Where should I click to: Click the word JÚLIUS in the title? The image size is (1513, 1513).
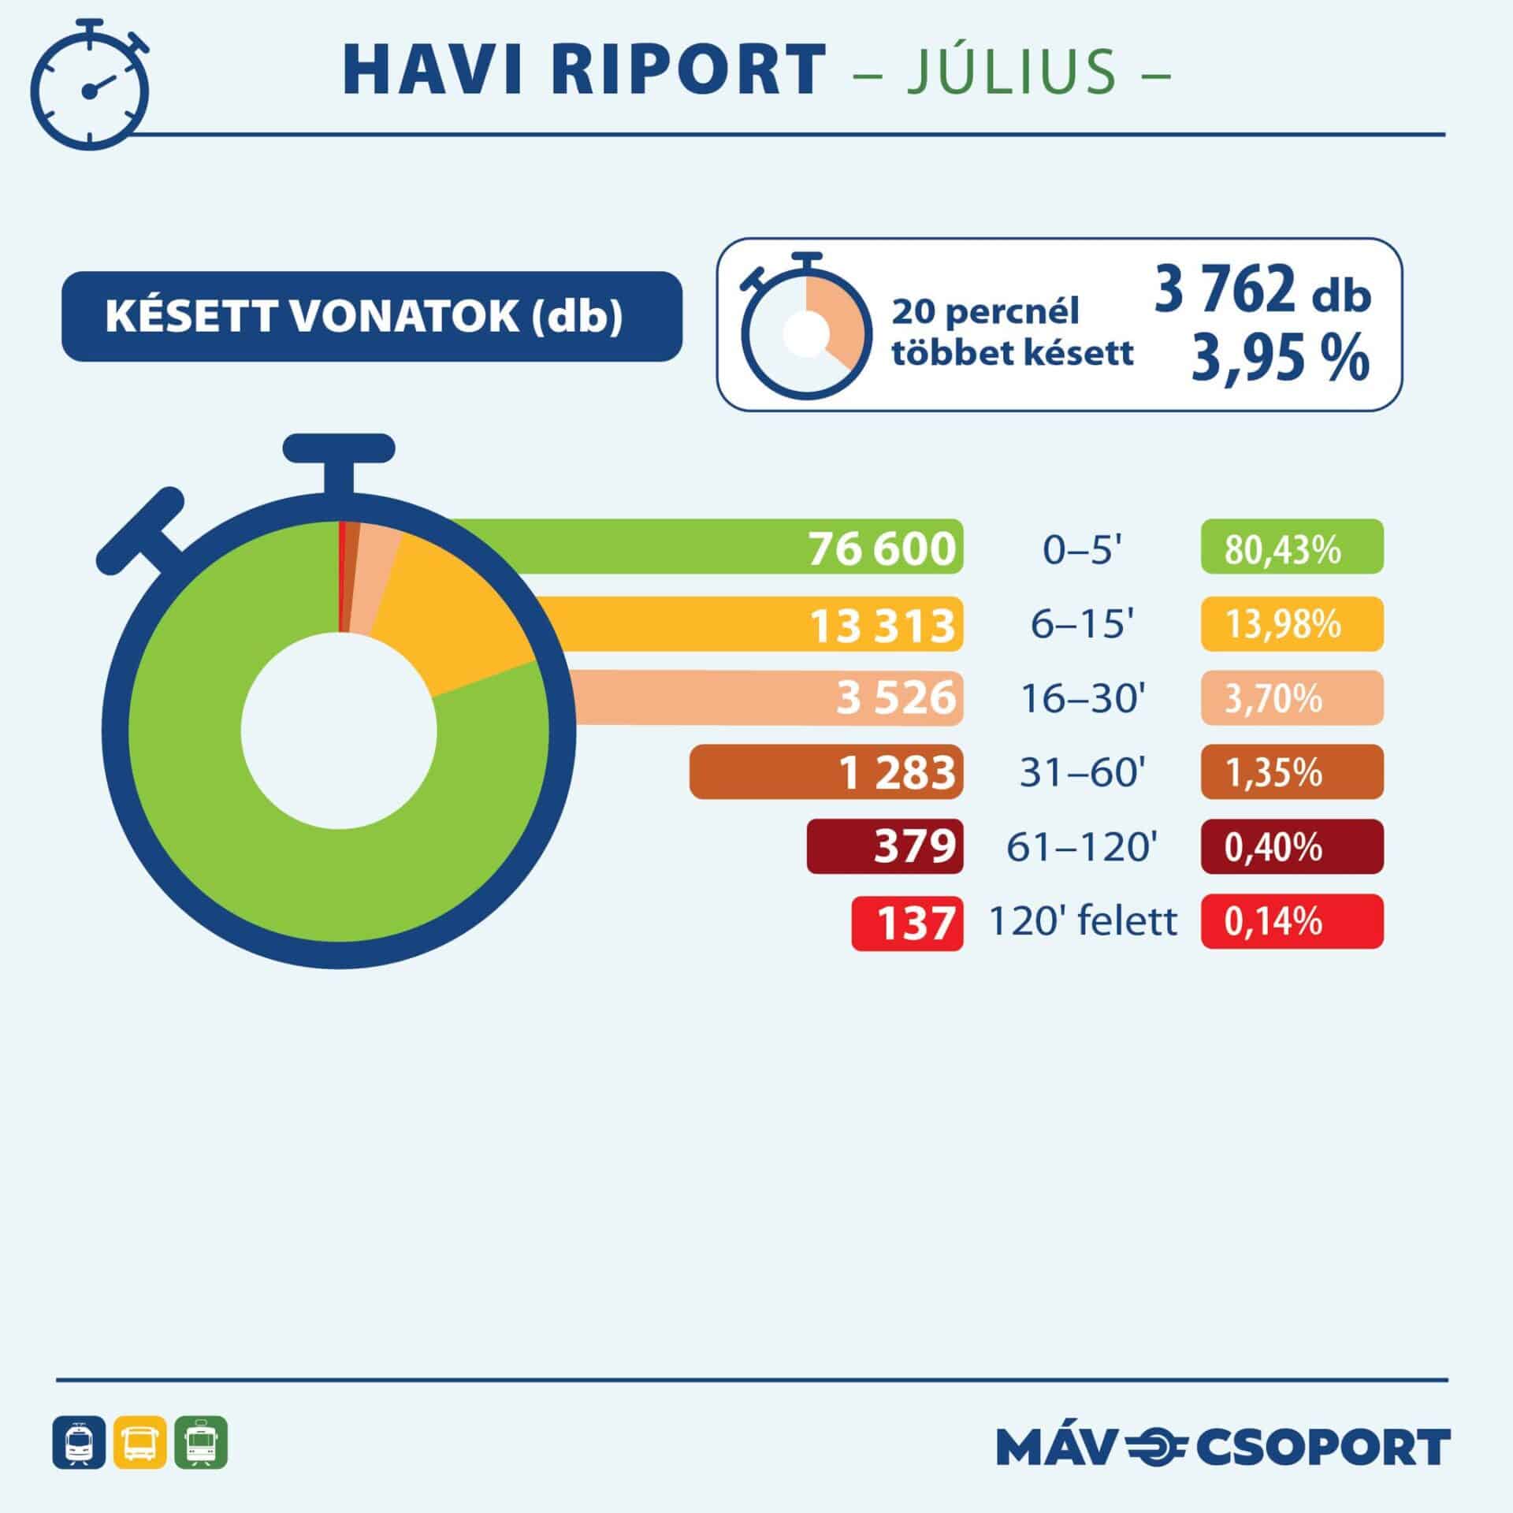click(x=1012, y=71)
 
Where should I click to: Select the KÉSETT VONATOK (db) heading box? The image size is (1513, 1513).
click(x=371, y=316)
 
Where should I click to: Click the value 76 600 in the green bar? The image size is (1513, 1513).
click(x=882, y=547)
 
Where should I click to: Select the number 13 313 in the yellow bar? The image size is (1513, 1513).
click(x=882, y=624)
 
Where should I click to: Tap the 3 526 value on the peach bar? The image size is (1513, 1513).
click(x=895, y=697)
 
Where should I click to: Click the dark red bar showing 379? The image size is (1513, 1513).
click(x=884, y=846)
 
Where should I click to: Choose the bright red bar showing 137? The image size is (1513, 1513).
click(x=907, y=921)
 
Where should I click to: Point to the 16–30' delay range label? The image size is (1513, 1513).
click(x=1082, y=697)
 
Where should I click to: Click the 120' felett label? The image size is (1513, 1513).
click(x=1082, y=921)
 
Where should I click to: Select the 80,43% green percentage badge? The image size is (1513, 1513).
click(x=1292, y=547)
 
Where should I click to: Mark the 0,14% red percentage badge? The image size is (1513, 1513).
click(x=1292, y=921)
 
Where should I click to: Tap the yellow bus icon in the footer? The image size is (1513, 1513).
click(x=140, y=1442)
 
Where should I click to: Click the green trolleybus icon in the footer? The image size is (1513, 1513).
click(x=201, y=1442)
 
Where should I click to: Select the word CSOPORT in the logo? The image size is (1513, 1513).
click(x=1323, y=1447)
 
